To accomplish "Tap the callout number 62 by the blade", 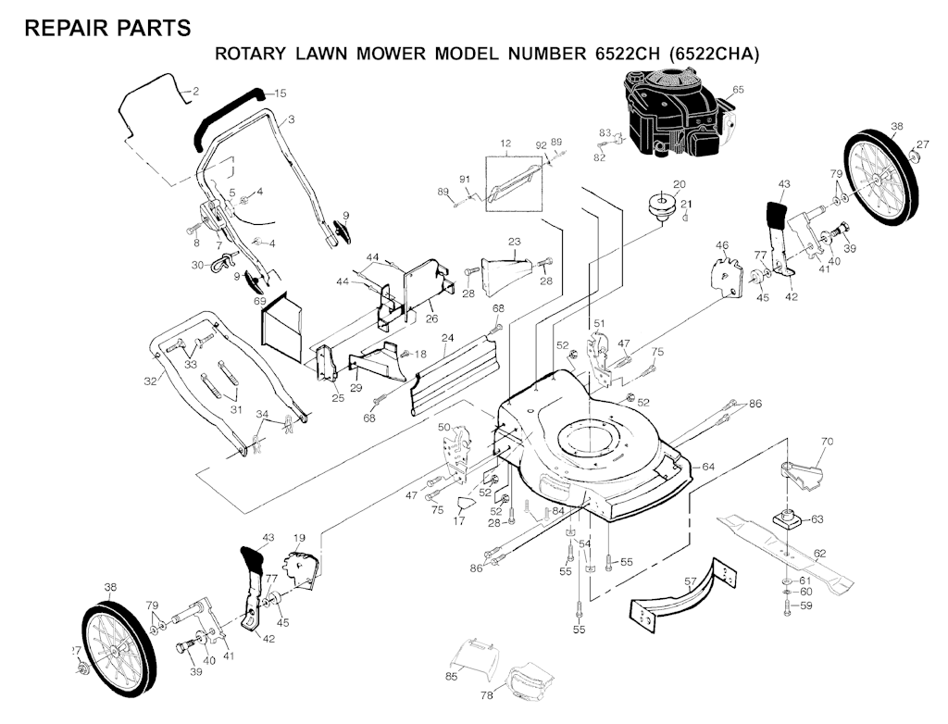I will (x=819, y=554).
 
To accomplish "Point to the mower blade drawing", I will (x=787, y=553).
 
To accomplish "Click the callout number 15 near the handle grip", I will (x=281, y=94).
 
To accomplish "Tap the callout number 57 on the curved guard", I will (x=690, y=580).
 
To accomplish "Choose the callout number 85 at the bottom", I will (x=451, y=677).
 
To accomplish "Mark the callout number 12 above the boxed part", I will (x=505, y=144).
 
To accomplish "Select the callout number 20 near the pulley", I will (x=679, y=184).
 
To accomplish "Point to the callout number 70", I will (x=827, y=442).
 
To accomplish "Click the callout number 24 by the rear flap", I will (x=447, y=338).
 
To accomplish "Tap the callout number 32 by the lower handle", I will (x=151, y=381).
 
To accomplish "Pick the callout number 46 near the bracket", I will (x=722, y=245).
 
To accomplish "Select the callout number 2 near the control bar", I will (x=195, y=91).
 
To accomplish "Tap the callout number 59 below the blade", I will (x=806, y=606).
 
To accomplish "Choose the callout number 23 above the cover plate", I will (x=515, y=242).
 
